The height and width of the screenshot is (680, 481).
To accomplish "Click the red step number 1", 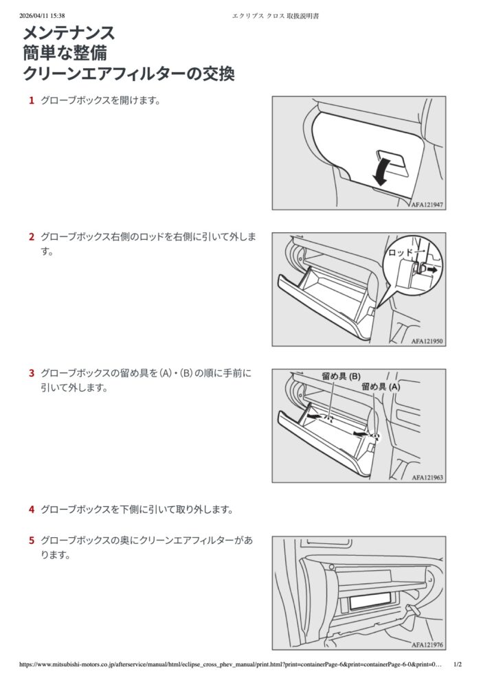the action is pos(31,100).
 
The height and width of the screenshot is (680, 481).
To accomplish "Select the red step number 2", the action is pos(31,237).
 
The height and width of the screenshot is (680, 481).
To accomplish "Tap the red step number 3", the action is pos(31,373).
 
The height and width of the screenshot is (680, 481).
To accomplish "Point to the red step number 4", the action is pos(31,509).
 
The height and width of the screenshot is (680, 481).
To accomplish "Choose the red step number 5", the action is pos(31,541).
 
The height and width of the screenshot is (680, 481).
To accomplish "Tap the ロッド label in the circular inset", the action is pos(400,252).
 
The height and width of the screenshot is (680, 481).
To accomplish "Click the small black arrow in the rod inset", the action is pos(432,269).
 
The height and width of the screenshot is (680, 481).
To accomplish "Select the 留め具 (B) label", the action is pos(341,376).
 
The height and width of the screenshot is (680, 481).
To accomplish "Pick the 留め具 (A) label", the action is pos(381,387).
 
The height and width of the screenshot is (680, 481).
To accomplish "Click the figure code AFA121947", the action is pos(427,205).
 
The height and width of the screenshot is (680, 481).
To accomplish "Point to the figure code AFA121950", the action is pos(427,341).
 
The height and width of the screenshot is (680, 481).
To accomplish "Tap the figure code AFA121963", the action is pos(427,477).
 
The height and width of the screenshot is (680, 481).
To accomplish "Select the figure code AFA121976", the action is pos(427,645).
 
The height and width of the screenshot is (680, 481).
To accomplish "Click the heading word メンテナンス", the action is pos(69,34).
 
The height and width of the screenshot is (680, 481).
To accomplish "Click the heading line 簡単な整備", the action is pos(65,54).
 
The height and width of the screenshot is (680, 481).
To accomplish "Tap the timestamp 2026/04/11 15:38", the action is pos(42,16).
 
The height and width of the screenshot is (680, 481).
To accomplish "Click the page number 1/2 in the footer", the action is pos(458,664).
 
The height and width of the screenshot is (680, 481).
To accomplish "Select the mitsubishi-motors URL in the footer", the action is pos(231,664).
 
